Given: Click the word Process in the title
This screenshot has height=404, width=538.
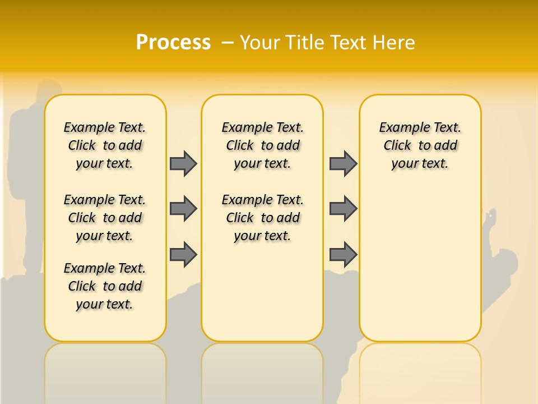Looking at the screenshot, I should tap(173, 42).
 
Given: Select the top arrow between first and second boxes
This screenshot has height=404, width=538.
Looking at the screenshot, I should tap(183, 163).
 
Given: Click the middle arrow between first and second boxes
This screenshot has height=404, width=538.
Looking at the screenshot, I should tap(183, 209).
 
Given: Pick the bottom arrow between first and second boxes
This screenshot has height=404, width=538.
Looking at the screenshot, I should tap(183, 254).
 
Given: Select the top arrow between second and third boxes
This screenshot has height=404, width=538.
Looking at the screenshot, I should tap(343, 163).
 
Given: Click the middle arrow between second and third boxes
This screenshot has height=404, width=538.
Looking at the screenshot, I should tap(343, 209).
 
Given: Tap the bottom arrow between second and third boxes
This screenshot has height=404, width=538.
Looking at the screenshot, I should tap(343, 254).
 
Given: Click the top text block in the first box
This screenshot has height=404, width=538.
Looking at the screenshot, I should tap(105, 145).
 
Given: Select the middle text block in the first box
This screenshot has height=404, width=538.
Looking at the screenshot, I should tap(105, 218).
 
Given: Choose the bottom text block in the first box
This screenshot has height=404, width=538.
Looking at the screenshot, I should tap(105, 286).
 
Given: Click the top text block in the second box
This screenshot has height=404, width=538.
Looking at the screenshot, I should tap(262, 145).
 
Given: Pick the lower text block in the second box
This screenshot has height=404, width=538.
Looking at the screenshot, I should tap(262, 218).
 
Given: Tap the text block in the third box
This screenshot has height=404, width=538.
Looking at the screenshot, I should tap(420, 145).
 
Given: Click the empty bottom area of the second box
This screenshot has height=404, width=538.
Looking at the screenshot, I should tap(262, 297).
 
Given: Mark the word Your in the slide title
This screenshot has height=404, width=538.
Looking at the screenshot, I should tap(261, 42).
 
